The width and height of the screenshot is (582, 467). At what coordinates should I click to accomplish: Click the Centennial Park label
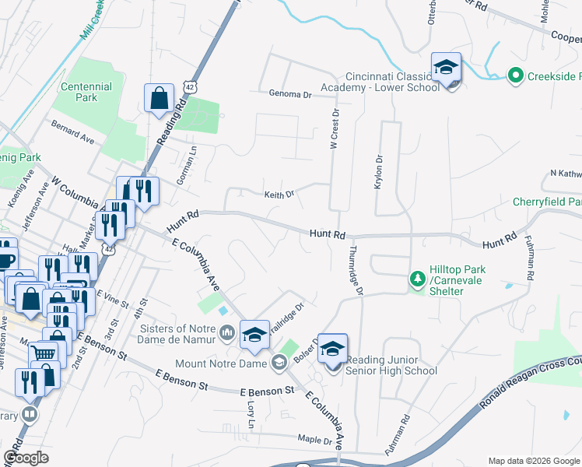point(87,92)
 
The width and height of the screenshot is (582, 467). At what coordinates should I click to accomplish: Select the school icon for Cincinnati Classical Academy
point(447,67)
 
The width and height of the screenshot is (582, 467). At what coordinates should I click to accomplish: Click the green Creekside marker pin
point(514,75)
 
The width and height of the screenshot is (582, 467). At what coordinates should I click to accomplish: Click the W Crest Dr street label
point(335,128)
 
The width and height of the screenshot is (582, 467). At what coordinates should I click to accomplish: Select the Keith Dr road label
point(279,195)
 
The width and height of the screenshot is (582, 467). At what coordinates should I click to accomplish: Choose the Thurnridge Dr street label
point(356,270)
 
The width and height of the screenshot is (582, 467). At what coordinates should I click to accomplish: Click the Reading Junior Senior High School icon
point(332,349)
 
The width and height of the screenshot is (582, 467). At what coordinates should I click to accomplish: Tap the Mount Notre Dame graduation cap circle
point(279,361)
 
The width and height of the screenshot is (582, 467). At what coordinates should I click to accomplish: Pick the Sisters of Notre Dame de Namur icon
point(227,334)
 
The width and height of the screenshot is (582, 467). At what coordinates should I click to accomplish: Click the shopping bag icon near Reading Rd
point(159,99)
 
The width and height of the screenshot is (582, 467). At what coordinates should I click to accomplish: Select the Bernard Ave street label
point(72,131)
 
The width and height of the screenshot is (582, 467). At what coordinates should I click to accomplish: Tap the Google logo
point(26,458)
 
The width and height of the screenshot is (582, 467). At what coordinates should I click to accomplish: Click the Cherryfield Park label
point(547,202)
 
